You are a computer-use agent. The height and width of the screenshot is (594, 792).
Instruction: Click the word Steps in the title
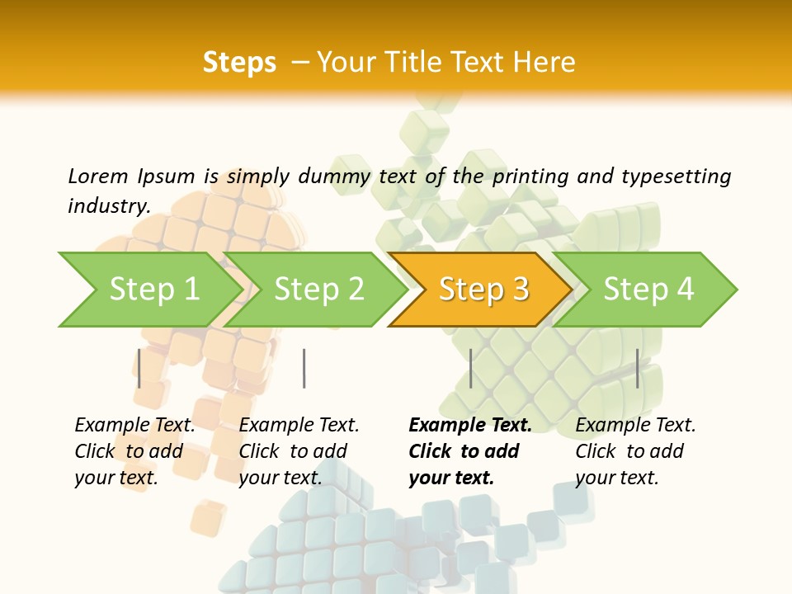coord(239,63)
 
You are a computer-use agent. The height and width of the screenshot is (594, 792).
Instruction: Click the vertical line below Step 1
coord(139,368)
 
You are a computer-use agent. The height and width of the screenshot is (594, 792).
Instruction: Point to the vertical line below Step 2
coord(304,368)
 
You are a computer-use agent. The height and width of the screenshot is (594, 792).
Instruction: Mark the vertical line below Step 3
coord(470,368)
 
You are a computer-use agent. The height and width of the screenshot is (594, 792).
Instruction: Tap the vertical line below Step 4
coord(638,368)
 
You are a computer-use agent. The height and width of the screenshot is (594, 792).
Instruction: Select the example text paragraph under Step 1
coord(134,451)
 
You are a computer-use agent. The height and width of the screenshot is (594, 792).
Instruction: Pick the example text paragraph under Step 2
coord(299,451)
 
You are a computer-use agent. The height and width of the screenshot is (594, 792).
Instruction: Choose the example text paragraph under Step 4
coord(635,451)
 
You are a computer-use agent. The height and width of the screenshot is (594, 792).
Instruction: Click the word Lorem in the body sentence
coord(98,177)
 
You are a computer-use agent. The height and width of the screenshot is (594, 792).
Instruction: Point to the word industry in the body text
coord(108,205)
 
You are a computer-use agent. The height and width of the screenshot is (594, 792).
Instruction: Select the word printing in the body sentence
coord(530,177)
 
